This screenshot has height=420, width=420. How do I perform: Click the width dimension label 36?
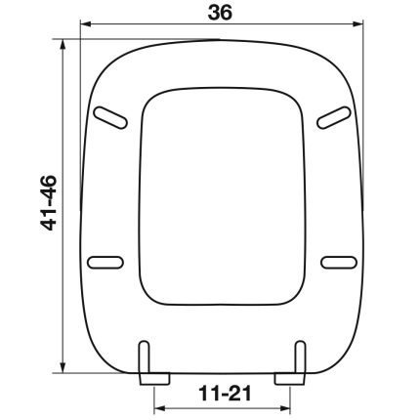(220, 13)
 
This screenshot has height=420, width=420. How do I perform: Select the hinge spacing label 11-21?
(225, 393)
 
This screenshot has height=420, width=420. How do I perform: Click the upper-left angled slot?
(110, 117)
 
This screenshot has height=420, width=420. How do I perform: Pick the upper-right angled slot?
(334, 117)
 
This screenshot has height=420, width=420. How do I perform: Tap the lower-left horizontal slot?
(105, 263)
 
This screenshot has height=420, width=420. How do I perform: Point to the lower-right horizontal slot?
(339, 263)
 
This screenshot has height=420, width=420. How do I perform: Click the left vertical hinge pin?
(144, 357)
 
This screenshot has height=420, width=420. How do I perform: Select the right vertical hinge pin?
(300, 357)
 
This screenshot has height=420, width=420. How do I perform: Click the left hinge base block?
(154, 379)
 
